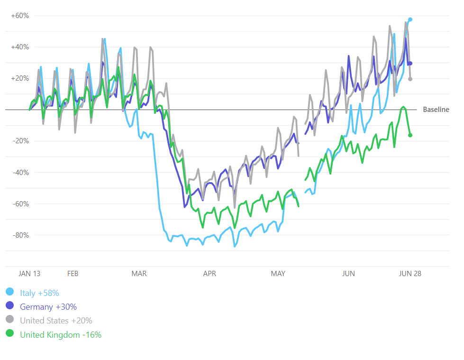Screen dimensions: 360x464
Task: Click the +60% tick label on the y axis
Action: pos(20,16)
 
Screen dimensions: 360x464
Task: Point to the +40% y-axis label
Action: pos(20,47)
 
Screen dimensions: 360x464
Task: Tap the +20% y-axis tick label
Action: pos(20,78)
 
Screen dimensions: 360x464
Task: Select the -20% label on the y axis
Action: pos(20,141)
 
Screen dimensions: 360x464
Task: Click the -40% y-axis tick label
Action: pos(20,172)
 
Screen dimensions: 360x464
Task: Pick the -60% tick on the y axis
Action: pos(20,203)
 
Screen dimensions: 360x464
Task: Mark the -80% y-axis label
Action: pos(20,235)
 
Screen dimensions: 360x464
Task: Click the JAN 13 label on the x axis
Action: pos(29,274)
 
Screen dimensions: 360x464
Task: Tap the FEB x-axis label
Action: pos(73,274)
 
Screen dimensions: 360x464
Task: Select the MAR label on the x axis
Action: pos(139,274)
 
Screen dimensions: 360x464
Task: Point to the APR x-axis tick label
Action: pos(209,274)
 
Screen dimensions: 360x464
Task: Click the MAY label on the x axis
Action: pos(278,274)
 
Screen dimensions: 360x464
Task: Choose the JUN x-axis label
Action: pos(348,274)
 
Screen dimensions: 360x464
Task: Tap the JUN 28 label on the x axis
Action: pos(410,274)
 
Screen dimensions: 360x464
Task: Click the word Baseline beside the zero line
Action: pos(436,110)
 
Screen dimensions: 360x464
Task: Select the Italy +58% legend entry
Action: pos(39,293)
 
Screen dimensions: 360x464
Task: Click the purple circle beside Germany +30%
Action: pos(10,306)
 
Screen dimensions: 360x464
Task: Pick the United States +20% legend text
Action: pos(56,321)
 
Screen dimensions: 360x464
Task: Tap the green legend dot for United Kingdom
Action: pos(10,334)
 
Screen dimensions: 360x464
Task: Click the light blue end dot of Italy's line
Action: pos(410,19)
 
